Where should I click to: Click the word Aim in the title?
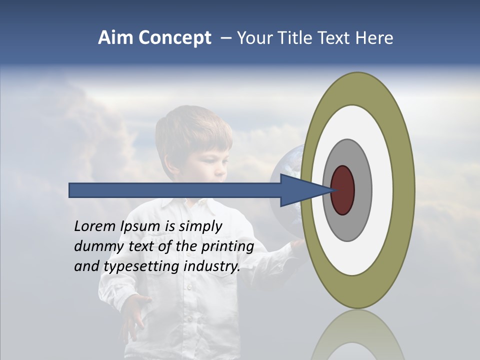click(x=116, y=38)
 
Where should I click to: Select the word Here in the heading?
click(x=375, y=38)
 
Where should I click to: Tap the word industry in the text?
click(x=212, y=266)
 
